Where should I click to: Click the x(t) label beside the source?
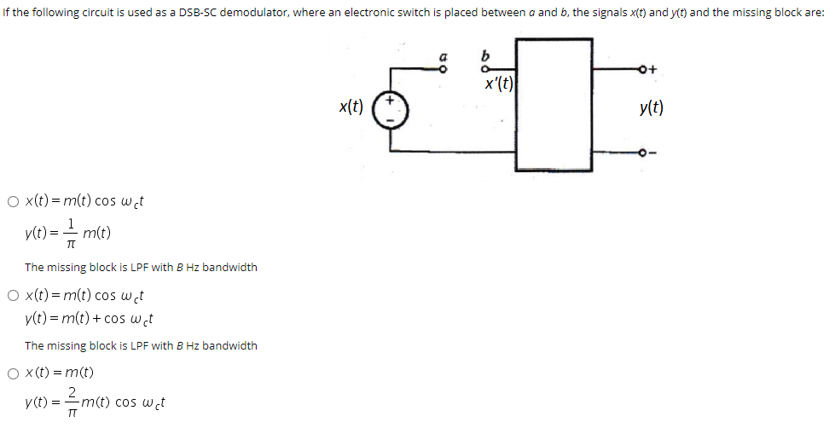tap(351, 107)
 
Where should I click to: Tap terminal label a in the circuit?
tap(443, 60)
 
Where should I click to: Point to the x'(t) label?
tap(498, 84)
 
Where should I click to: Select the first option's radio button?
tap(13, 202)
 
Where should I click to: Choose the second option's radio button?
tap(13, 296)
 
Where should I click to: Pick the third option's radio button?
tap(13, 373)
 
